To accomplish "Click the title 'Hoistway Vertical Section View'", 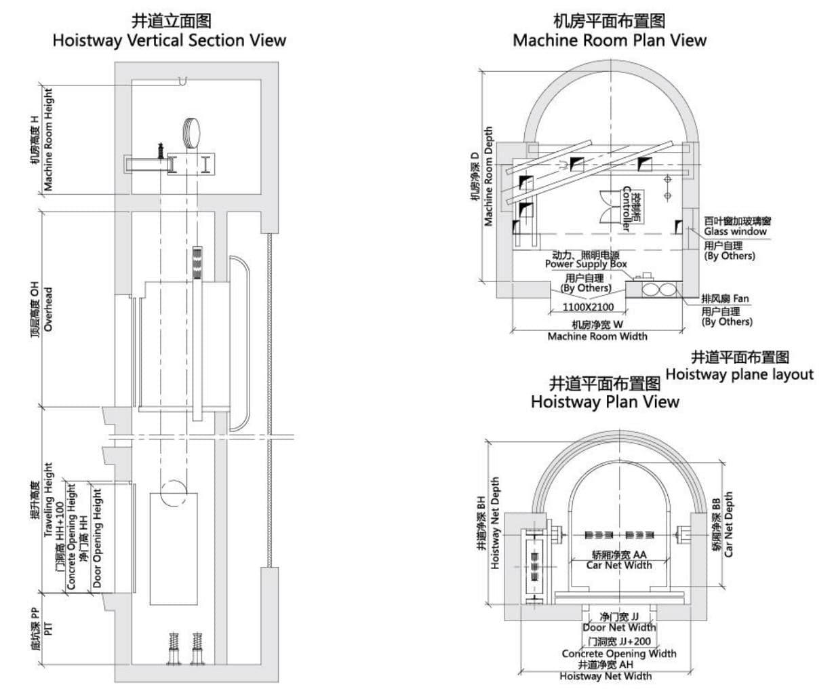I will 170,40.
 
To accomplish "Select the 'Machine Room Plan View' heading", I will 609,40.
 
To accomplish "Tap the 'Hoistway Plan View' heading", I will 604,401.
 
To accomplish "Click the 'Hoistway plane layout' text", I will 739,374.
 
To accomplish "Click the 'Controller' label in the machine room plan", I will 627,207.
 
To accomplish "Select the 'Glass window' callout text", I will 735,231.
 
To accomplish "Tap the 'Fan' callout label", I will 741,298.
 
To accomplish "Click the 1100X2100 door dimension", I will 589,307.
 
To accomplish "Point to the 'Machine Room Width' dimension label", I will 597,336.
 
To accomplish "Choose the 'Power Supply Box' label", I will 586,264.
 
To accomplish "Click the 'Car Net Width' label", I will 618,565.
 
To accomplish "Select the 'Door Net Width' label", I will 619,627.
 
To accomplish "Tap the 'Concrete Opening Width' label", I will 618,653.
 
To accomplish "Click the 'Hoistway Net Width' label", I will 605,675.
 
